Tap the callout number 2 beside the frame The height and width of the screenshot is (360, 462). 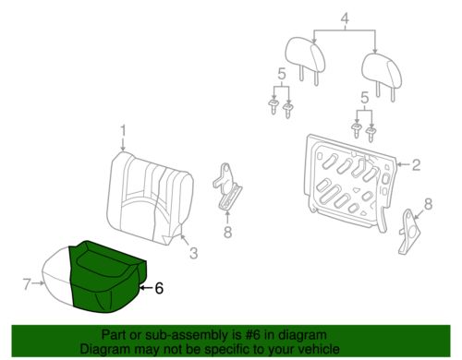[x=416, y=165]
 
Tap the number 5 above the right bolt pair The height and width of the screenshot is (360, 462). [x=364, y=95]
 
